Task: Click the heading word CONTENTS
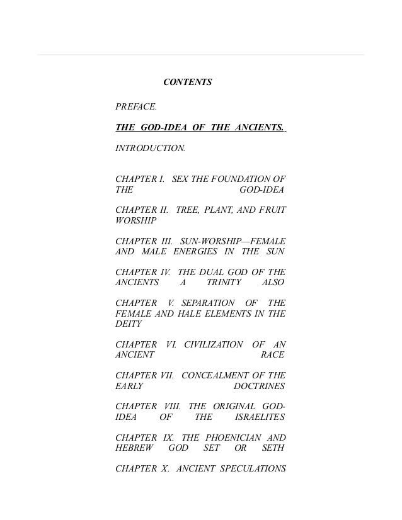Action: click(188, 82)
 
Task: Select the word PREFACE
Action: click(136, 107)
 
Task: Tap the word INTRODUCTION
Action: click(150, 149)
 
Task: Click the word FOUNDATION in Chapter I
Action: click(241, 179)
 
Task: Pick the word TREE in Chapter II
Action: click(187, 210)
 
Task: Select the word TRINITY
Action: click(224, 283)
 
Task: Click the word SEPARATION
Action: click(208, 303)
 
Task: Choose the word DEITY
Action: click(129, 324)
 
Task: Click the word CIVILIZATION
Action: click(213, 344)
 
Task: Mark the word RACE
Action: click(273, 355)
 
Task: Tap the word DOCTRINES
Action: click(259, 386)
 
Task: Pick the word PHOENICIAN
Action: click(233, 437)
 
